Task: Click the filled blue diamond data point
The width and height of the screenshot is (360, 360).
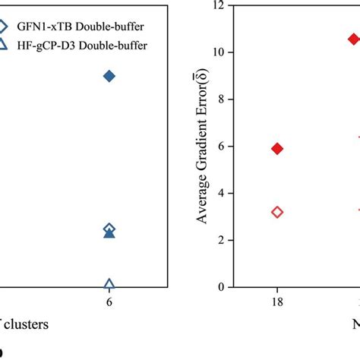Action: point(109,76)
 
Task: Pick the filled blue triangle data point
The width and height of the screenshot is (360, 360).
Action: point(109,233)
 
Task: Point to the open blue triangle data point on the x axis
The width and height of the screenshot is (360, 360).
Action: point(109,285)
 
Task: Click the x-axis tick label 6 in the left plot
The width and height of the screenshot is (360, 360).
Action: point(109,301)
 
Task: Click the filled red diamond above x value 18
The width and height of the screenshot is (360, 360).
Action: point(277,149)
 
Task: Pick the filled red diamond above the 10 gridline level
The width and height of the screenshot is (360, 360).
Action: point(353,39)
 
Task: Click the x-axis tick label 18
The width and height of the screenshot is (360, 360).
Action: point(277,301)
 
